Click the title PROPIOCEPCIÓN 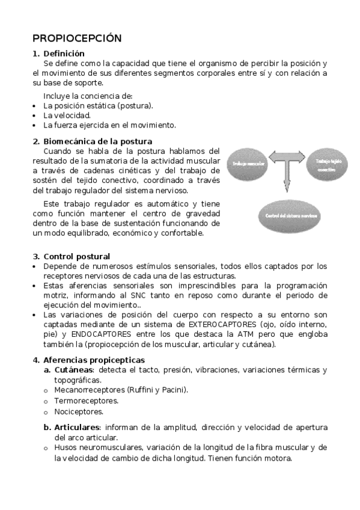click(x=77, y=38)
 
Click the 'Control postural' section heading click(x=76, y=256)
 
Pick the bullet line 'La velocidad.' click(x=67, y=115)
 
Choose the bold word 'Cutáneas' click(x=74, y=369)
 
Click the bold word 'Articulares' click(x=76, y=427)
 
